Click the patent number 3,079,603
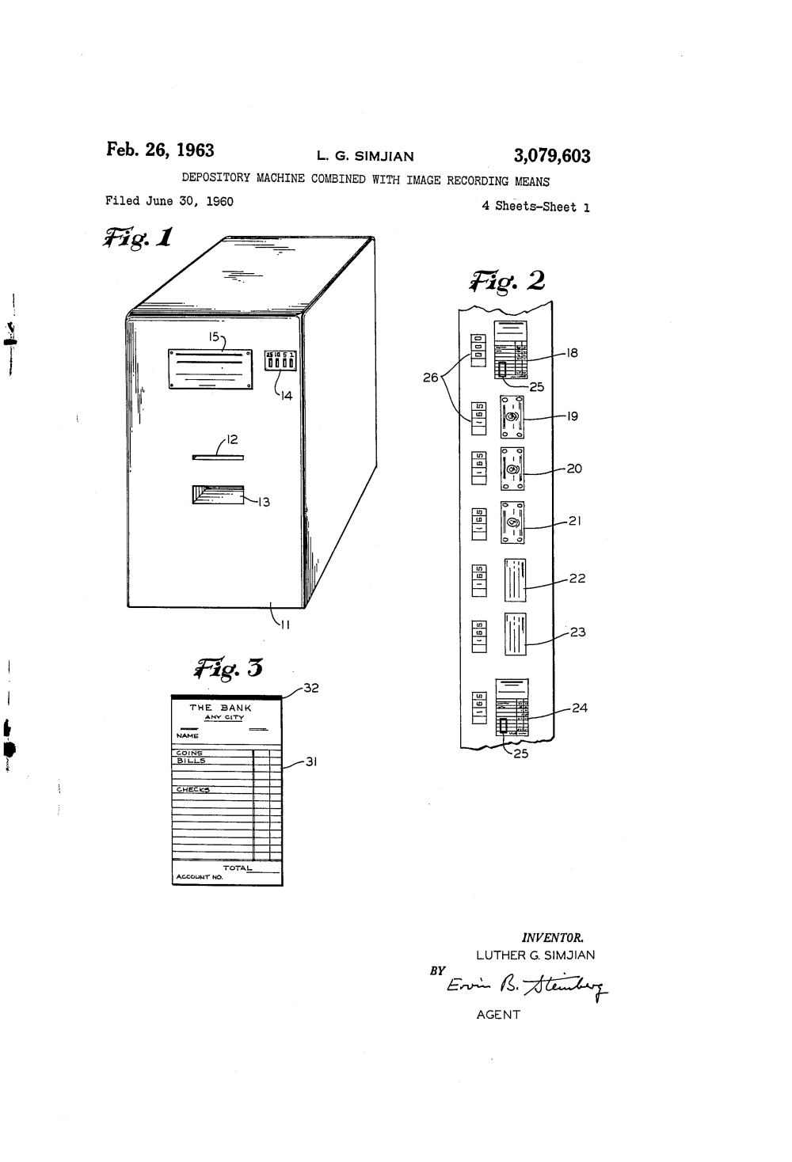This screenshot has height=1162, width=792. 551,156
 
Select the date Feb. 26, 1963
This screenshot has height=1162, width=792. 160,150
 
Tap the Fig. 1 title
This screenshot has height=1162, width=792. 136,238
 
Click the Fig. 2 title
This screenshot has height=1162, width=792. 507,281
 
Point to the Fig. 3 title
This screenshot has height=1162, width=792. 228,669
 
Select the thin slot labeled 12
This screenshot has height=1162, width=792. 218,458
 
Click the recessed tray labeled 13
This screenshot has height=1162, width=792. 218,495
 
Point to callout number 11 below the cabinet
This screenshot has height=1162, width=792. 285,625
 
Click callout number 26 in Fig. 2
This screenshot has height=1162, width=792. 430,378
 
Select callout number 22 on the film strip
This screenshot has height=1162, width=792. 577,579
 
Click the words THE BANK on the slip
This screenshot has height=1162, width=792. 220,708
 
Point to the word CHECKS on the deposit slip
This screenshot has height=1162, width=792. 193,789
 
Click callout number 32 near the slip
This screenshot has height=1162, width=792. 310,688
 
